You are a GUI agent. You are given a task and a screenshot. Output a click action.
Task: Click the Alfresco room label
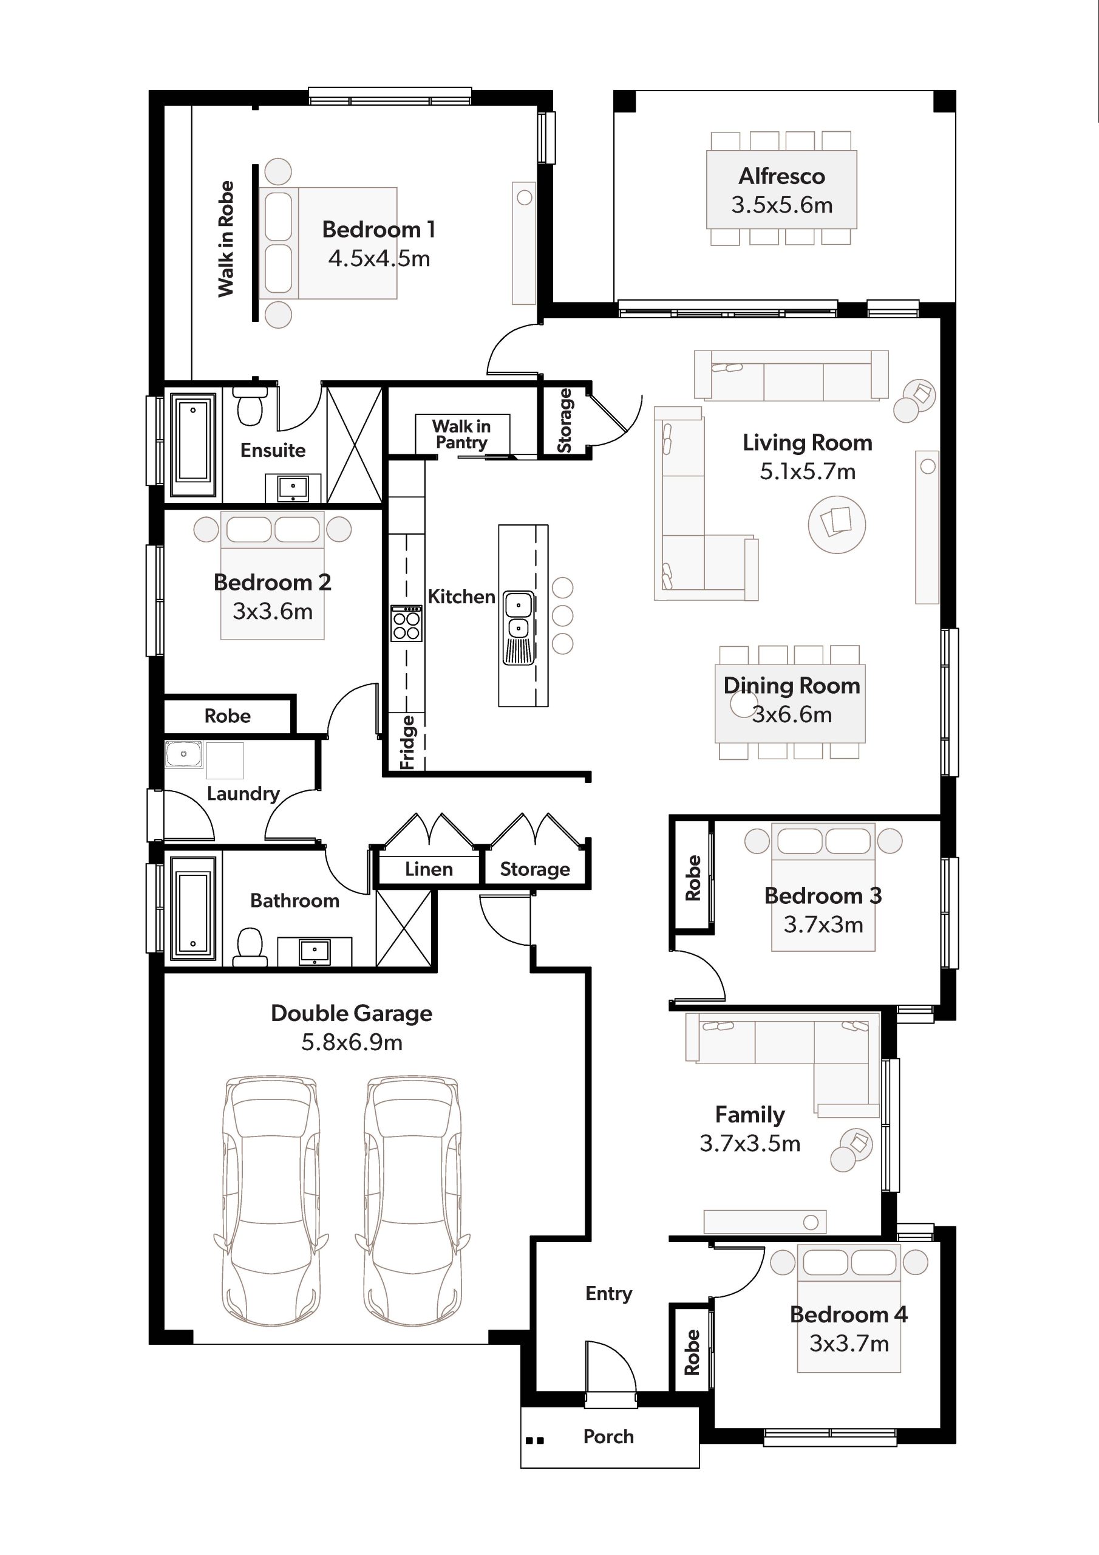(x=781, y=176)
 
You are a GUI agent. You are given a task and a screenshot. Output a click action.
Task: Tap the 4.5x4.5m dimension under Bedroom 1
(x=379, y=259)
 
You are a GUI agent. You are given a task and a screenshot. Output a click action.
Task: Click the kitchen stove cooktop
(x=406, y=624)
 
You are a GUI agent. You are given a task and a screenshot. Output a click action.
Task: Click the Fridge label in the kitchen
(x=407, y=743)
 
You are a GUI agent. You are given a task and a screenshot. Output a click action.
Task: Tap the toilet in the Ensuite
(x=250, y=406)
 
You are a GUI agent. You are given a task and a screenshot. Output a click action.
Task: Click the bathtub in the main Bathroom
(x=194, y=908)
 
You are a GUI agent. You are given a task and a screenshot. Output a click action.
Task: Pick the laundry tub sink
(x=183, y=754)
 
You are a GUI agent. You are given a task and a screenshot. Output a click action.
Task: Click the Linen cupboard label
(x=429, y=869)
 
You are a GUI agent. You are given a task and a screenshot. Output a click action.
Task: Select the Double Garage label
(x=352, y=1013)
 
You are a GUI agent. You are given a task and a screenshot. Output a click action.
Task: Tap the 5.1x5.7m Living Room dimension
(x=808, y=471)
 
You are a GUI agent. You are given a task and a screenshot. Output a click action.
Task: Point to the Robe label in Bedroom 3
(x=693, y=878)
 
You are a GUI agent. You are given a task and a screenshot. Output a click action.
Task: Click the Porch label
(x=609, y=1437)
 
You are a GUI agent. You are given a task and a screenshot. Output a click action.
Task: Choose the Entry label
(x=609, y=1294)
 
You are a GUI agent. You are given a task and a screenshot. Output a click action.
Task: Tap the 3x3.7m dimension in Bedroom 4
(x=849, y=1344)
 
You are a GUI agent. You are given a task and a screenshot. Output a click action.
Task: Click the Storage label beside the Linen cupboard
(x=535, y=869)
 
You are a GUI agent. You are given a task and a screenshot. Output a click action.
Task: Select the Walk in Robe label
(x=225, y=239)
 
